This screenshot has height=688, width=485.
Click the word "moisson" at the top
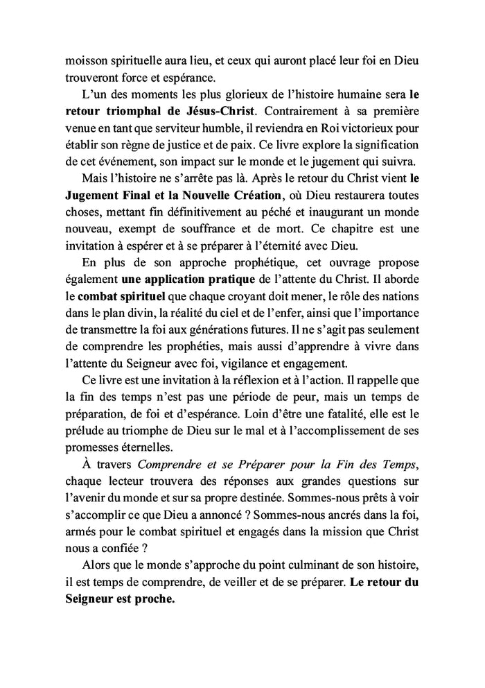tap(86, 61)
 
